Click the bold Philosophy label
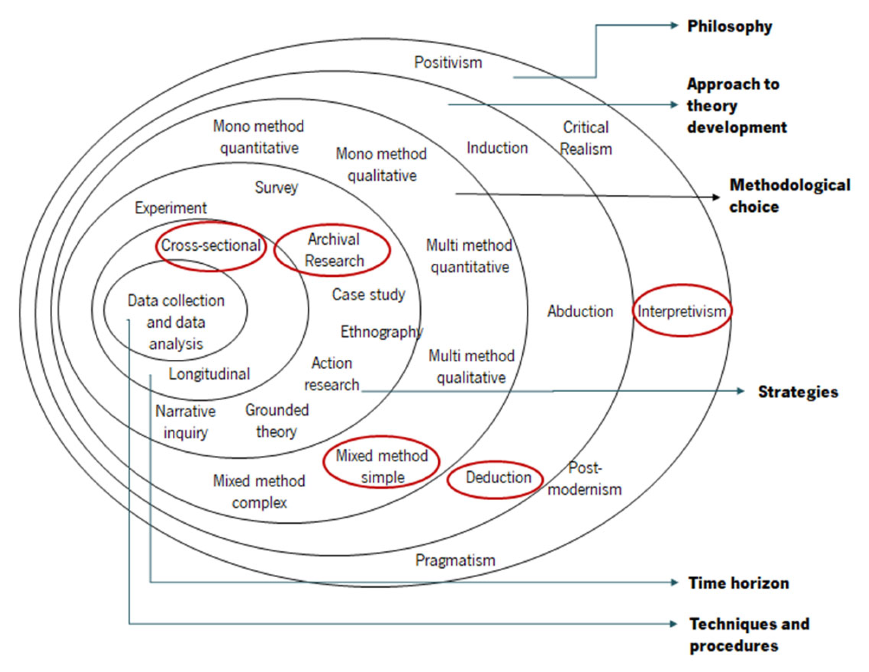tap(729, 26)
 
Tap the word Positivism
tap(448, 62)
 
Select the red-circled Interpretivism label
tap(682, 311)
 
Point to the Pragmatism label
tap(455, 560)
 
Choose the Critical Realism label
tap(586, 138)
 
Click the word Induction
tap(497, 148)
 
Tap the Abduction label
tap(580, 311)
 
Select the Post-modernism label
tap(584, 479)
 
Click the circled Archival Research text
tap(334, 250)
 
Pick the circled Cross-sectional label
tap(210, 245)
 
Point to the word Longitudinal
tap(209, 373)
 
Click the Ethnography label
tap(381, 332)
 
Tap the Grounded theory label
tap(277, 421)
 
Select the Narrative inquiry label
tap(185, 422)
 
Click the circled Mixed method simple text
tap(382, 466)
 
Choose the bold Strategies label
tap(798, 392)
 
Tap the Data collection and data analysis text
tap(176, 322)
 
